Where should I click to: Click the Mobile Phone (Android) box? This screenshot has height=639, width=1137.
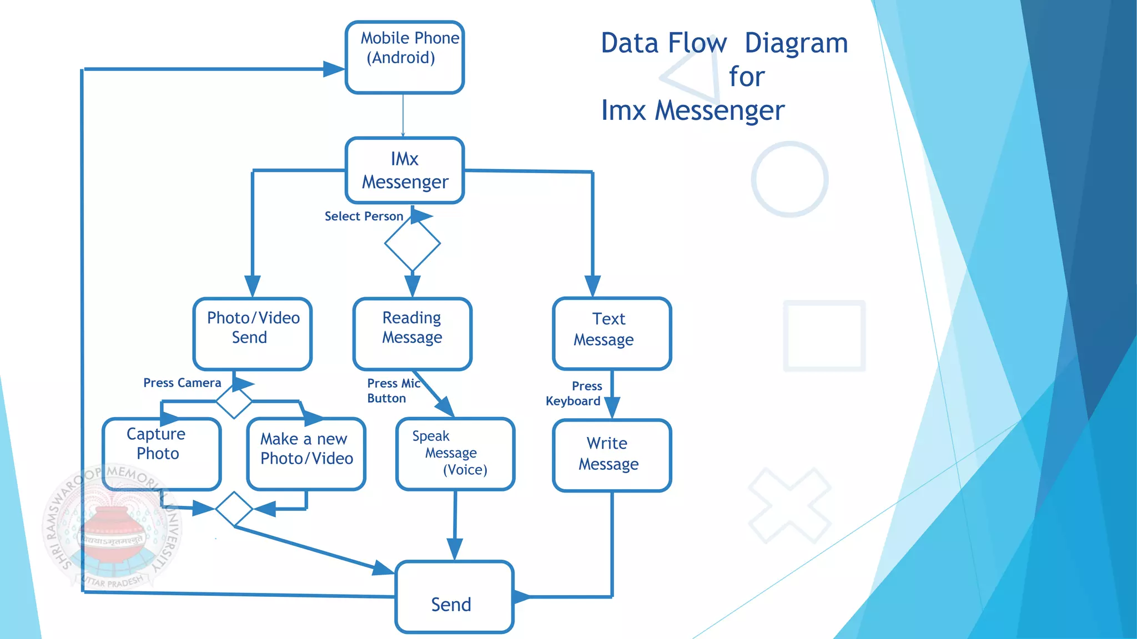(x=404, y=57)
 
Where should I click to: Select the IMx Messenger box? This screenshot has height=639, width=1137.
(x=404, y=170)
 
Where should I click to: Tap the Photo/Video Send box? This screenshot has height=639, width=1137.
(x=253, y=333)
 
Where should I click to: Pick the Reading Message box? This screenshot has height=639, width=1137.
(x=412, y=333)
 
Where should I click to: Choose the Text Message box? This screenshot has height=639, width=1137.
(x=612, y=333)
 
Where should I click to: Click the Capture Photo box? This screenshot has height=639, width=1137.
(x=162, y=453)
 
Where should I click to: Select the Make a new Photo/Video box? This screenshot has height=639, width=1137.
(x=306, y=453)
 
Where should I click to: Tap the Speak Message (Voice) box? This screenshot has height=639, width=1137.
(x=455, y=453)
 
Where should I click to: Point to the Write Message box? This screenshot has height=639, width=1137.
(x=612, y=455)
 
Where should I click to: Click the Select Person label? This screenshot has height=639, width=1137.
(x=364, y=216)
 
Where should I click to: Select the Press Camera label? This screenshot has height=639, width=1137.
(x=182, y=383)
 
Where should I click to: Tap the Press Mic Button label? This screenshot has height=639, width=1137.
(x=393, y=390)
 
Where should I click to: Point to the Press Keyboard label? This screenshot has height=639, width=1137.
(x=574, y=393)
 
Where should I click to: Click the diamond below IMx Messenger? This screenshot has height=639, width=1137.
(x=412, y=243)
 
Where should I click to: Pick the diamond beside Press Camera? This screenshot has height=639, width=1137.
(x=234, y=400)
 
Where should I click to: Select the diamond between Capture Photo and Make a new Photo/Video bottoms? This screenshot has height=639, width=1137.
(x=234, y=508)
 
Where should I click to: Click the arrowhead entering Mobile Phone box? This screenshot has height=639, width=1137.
(x=334, y=69)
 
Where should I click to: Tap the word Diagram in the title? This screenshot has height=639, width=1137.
(x=796, y=43)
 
